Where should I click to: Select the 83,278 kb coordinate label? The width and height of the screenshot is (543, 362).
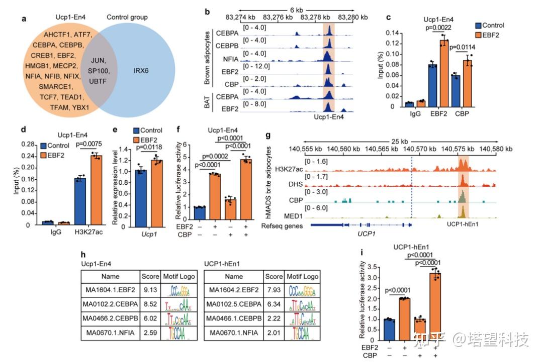(x=313, y=17)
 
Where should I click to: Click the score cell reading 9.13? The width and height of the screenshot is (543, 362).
(x=150, y=290)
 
